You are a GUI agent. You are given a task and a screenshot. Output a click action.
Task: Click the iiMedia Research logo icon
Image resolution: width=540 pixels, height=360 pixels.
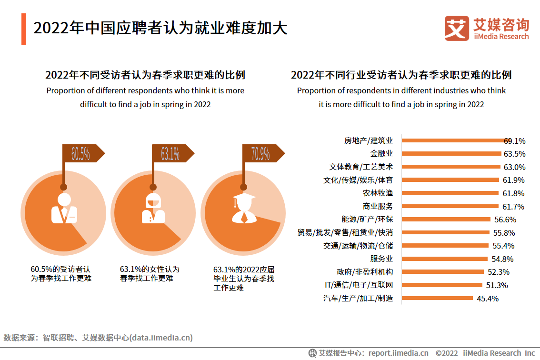457,29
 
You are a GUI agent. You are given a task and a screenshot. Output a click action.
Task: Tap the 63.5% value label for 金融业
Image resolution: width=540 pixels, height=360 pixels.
514,154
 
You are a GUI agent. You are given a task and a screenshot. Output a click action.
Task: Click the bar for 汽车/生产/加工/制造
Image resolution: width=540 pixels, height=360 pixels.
437,299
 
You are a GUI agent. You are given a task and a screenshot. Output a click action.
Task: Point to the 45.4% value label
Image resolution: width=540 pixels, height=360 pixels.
487,299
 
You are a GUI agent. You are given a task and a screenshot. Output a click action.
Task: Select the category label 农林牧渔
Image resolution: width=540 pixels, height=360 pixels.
378,193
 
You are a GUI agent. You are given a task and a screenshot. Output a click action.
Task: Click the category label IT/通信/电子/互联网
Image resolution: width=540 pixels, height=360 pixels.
358,285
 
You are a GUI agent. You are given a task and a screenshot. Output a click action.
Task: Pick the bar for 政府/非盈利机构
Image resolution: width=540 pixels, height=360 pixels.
443,272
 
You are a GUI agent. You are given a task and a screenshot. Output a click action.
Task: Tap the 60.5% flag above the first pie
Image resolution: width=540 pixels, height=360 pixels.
81,154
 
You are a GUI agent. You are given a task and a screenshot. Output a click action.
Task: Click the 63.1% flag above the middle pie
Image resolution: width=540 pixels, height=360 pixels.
170,154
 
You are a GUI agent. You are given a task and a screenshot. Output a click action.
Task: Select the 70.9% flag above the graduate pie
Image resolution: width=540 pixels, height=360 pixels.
261,154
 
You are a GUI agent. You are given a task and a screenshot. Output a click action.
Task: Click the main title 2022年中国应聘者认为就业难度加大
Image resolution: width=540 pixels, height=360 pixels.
160,28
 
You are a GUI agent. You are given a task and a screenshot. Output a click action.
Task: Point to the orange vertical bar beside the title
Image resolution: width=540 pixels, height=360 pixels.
24,29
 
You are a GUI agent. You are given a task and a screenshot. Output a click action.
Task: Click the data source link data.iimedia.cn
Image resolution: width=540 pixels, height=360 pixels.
162,338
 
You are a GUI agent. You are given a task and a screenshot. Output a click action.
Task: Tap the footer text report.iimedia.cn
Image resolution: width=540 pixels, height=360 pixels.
399,353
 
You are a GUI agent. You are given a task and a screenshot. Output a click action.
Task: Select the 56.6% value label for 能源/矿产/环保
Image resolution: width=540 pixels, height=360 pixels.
505,220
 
